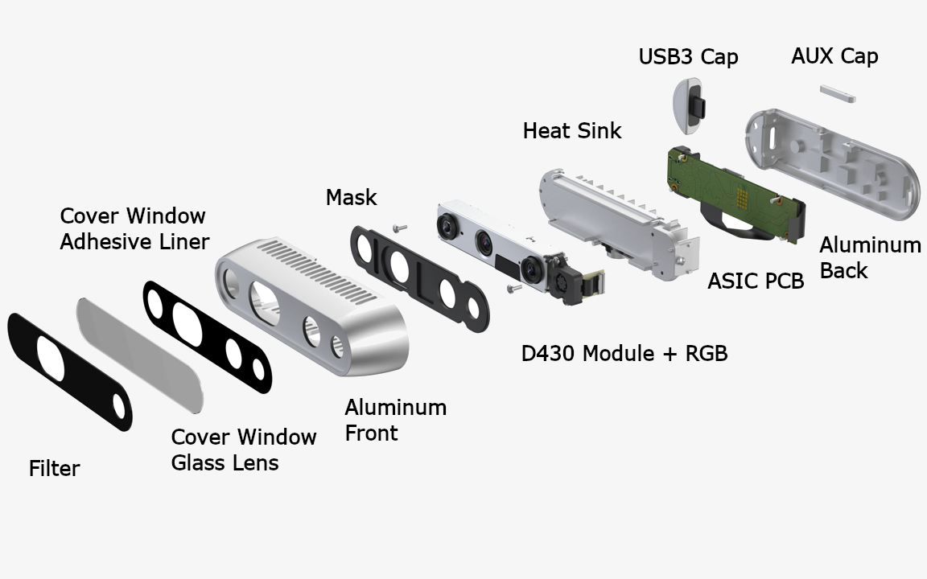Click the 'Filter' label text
54,469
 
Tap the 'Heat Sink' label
571,130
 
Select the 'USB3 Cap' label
688,57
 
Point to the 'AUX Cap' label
834,56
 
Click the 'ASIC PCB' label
756,281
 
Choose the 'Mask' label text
351,197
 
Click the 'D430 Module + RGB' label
624,353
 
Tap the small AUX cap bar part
837,93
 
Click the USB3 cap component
689,106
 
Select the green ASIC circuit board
736,195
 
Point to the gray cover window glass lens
140,355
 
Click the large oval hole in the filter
51,358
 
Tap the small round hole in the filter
119,406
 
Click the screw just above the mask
400,228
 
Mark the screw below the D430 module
515,289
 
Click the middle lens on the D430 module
484,243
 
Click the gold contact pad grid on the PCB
743,197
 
